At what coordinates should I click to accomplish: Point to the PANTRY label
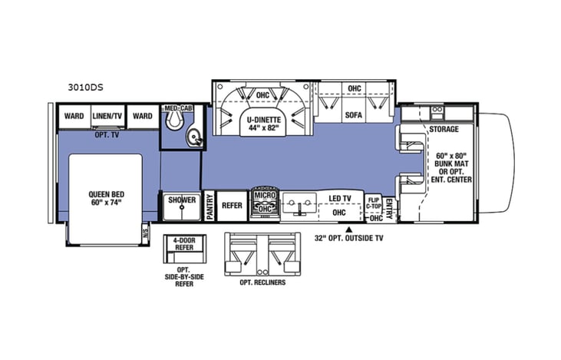coord(209,206)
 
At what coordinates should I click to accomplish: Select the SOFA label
coord(354,115)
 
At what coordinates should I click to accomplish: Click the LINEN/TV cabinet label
coord(108,116)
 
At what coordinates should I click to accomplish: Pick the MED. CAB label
coord(177,108)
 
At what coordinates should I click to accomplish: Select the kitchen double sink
coord(299,205)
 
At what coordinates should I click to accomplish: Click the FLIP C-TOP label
coord(374,202)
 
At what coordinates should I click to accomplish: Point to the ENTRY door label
coord(389,207)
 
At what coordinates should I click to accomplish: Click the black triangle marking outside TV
coord(349,228)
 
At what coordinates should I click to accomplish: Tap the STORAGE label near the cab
coord(444,130)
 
